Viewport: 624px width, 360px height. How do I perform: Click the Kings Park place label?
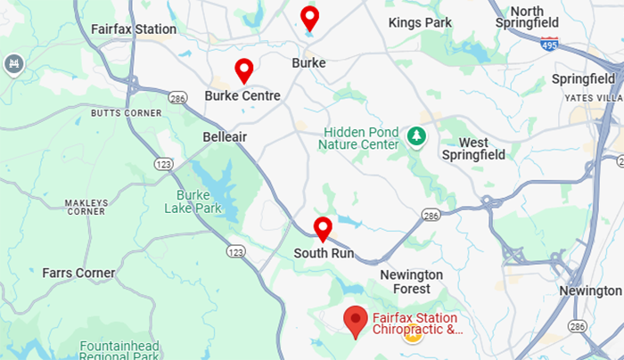(420, 22)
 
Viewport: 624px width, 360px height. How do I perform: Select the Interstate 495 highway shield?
(549, 43)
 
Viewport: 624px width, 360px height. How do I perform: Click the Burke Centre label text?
(242, 95)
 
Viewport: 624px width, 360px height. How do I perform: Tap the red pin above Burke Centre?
(243, 70)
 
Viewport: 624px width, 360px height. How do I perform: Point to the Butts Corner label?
(126, 113)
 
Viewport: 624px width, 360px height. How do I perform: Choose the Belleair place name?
(225, 136)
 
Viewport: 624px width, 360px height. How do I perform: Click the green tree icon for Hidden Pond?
(415, 136)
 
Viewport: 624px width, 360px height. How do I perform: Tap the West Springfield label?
(473, 148)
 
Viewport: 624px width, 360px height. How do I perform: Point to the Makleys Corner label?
(86, 207)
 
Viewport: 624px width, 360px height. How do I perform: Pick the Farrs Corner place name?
(78, 273)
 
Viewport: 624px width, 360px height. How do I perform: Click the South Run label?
(324, 254)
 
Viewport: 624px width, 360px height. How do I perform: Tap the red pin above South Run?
(323, 228)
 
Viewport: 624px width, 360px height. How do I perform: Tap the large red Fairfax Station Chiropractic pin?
(357, 320)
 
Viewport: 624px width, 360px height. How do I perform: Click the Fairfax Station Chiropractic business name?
(417, 324)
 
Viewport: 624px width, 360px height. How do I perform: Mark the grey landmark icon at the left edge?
(13, 64)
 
